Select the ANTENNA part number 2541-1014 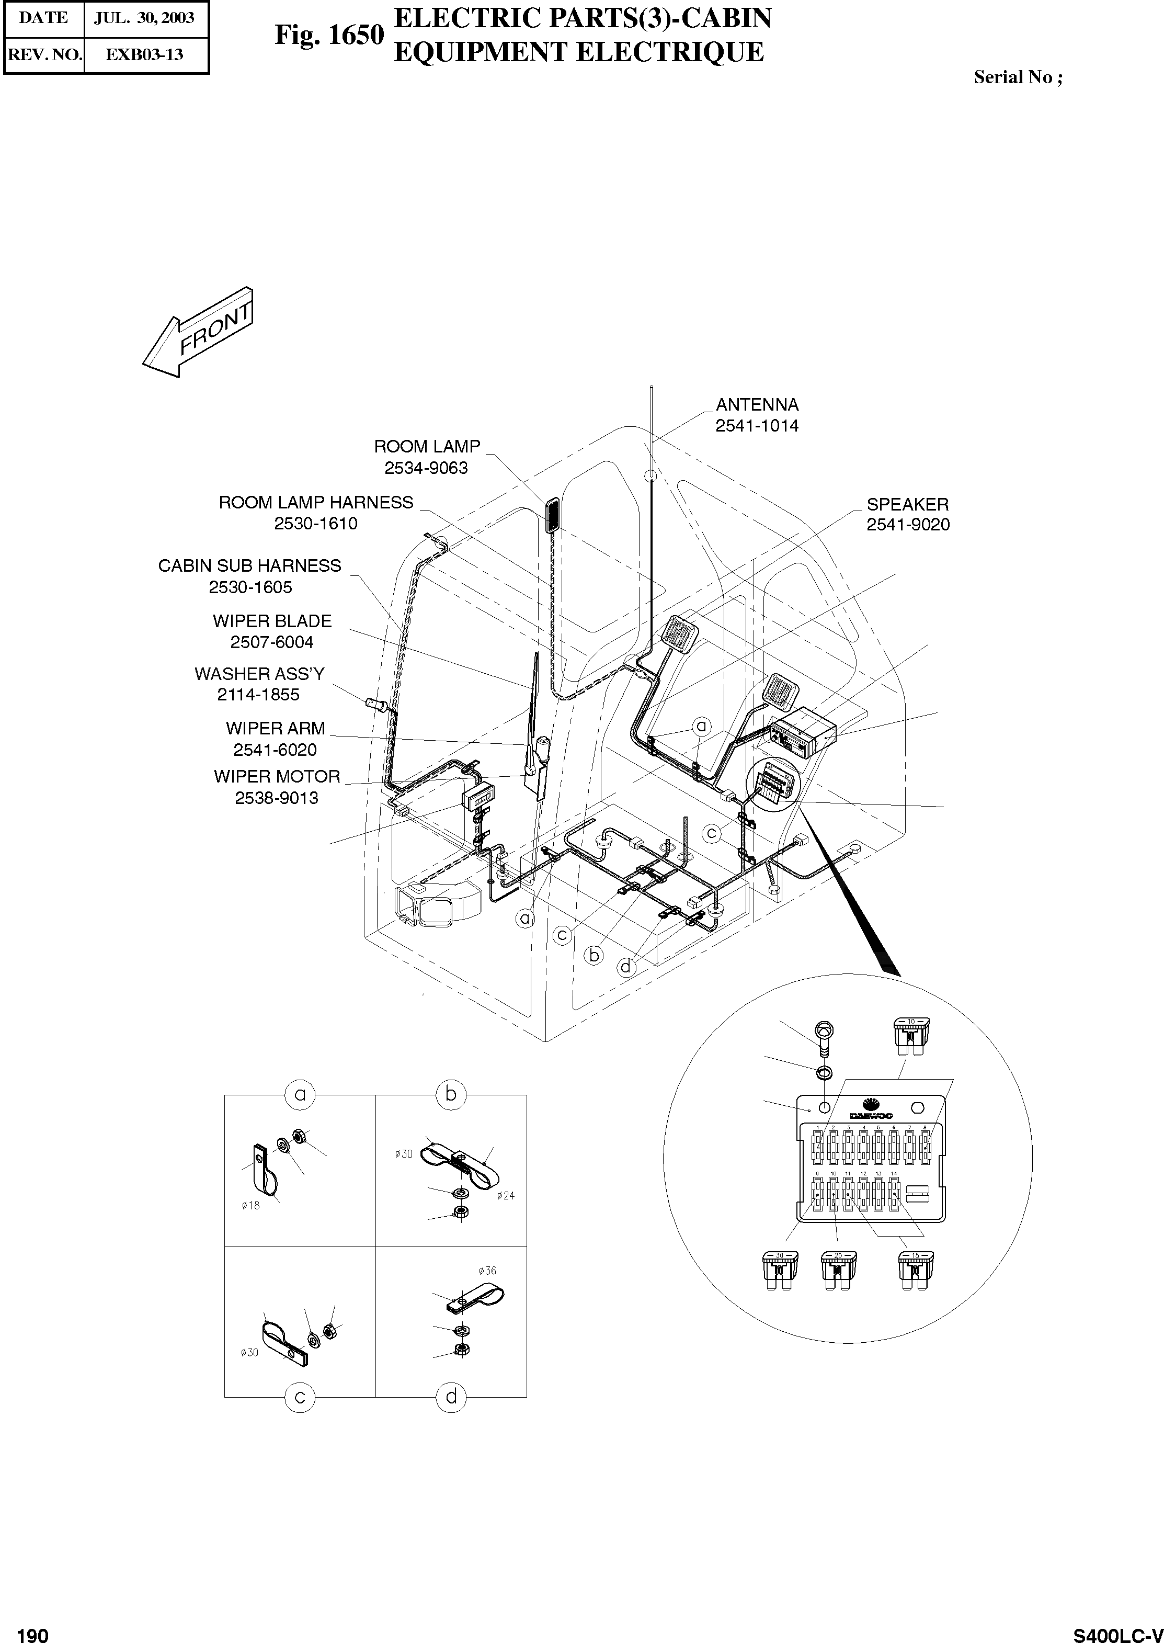pos(756,426)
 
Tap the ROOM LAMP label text pos(427,447)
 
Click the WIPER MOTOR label pos(277,777)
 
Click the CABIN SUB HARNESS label pos(249,566)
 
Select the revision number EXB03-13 pos(144,54)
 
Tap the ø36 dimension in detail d pos(487,1271)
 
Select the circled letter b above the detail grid pos(451,1095)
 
